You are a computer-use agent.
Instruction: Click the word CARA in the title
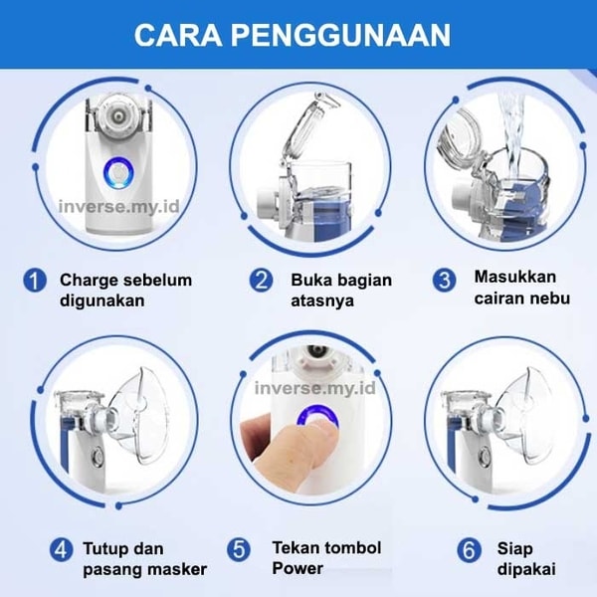click(x=178, y=35)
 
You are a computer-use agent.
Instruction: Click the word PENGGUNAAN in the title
click(x=340, y=35)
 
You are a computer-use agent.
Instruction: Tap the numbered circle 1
click(x=35, y=281)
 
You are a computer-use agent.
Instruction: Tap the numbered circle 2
click(x=261, y=281)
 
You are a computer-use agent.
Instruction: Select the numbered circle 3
click(x=445, y=281)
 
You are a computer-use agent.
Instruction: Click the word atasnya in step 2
click(x=322, y=301)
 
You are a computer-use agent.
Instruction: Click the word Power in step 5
click(x=298, y=568)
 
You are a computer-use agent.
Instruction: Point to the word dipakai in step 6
click(x=526, y=570)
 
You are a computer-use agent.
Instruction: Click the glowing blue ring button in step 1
click(x=118, y=174)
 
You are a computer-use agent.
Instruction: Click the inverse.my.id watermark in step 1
click(x=118, y=207)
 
